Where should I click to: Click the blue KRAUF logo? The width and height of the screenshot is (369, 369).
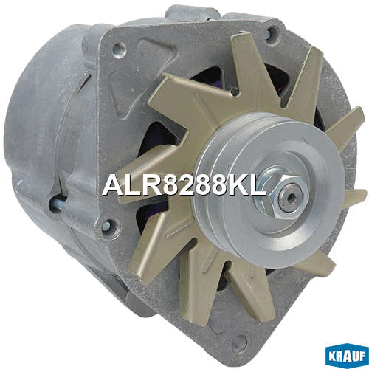tap(347, 356)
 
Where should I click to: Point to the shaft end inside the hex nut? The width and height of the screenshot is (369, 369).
tap(292, 197)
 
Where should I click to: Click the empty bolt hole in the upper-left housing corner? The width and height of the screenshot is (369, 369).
tap(119, 50)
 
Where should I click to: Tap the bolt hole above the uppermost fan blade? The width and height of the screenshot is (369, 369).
tap(271, 34)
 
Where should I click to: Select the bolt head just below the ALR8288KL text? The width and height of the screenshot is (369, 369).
tap(107, 226)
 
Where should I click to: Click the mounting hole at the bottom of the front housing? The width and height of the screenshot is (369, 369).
tap(239, 341)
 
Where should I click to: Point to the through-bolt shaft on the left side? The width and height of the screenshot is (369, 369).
tap(57, 204)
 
